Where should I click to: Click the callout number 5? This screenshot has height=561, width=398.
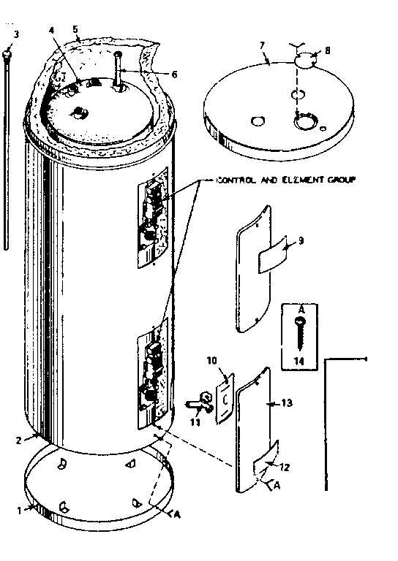coord(77,30)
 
